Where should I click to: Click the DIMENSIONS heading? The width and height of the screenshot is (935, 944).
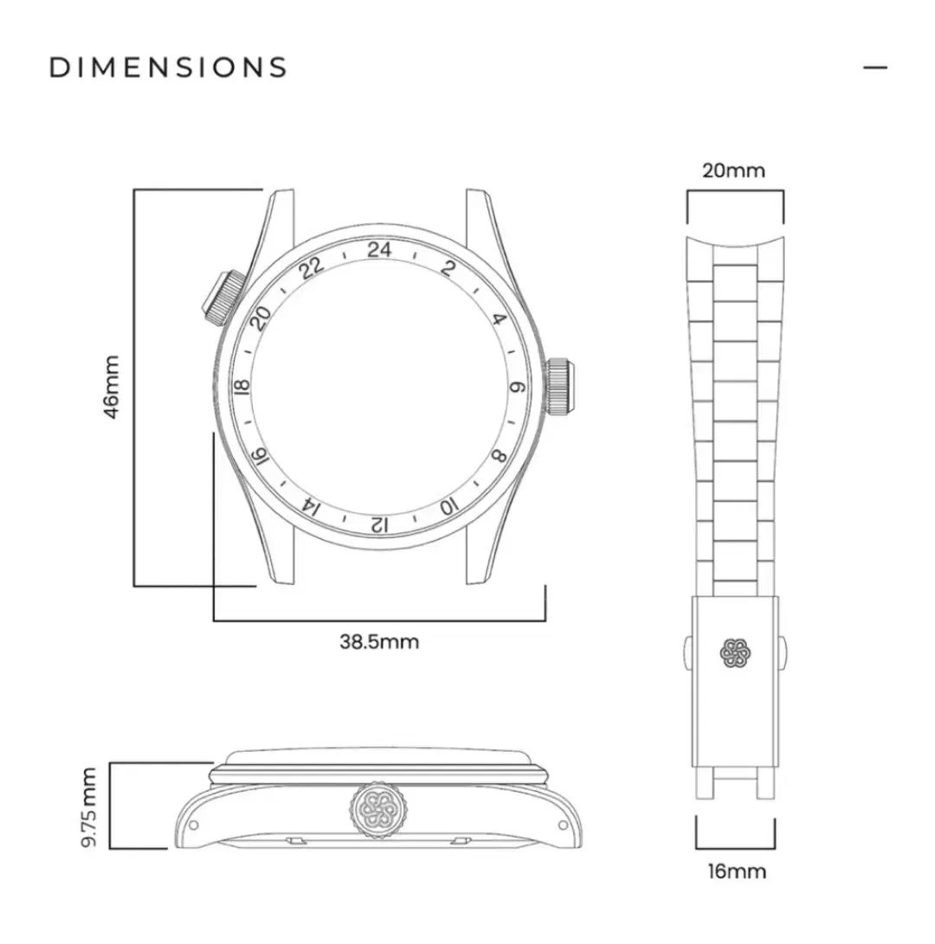pyautogui.click(x=168, y=67)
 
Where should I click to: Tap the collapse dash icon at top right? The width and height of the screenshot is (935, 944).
pyautogui.click(x=875, y=67)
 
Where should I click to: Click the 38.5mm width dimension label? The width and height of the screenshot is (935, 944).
pyautogui.click(x=379, y=642)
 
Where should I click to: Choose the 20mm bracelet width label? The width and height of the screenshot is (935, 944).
pyautogui.click(x=734, y=170)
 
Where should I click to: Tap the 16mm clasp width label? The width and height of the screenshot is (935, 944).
pyautogui.click(x=736, y=871)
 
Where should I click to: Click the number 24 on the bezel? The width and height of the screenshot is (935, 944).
pyautogui.click(x=379, y=250)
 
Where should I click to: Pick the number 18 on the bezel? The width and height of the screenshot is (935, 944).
pyautogui.click(x=243, y=387)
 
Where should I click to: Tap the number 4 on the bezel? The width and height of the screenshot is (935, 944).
pyautogui.click(x=499, y=319)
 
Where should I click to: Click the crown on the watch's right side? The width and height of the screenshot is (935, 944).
pyautogui.click(x=561, y=387)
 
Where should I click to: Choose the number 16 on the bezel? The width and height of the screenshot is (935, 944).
pyautogui.click(x=258, y=457)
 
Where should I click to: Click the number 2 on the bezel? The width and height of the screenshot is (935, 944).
pyautogui.click(x=448, y=267)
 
